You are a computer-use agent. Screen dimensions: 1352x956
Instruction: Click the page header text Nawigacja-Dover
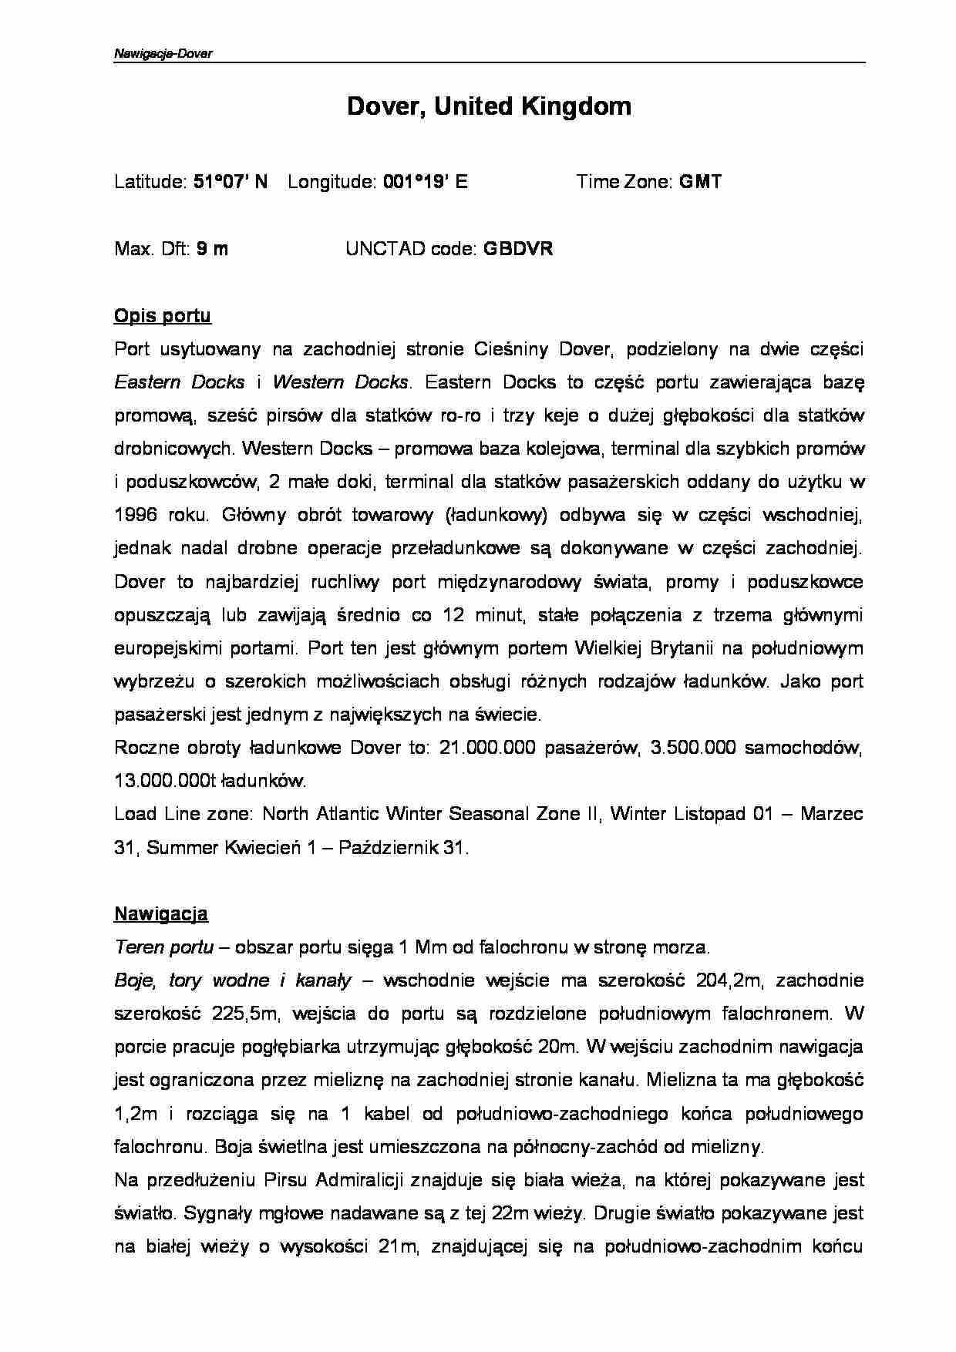[x=163, y=54]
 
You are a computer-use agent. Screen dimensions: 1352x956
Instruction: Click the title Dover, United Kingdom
[x=489, y=106]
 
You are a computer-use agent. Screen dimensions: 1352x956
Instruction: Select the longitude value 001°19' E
[x=425, y=182]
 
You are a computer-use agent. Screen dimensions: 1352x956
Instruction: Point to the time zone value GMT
[x=700, y=182]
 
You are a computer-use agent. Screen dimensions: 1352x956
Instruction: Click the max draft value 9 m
[x=212, y=249]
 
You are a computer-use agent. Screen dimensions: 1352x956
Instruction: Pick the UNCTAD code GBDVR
[x=517, y=249]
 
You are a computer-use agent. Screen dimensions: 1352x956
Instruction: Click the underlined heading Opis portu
[x=162, y=316]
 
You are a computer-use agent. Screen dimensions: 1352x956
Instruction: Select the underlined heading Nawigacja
[x=160, y=914]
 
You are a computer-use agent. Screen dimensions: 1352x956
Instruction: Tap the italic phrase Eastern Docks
[x=180, y=382]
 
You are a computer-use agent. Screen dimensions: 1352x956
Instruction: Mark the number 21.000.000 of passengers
[x=486, y=748]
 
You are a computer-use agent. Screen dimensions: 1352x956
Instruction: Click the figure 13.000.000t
[x=162, y=782]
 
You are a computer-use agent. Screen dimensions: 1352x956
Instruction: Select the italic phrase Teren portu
[x=163, y=947]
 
